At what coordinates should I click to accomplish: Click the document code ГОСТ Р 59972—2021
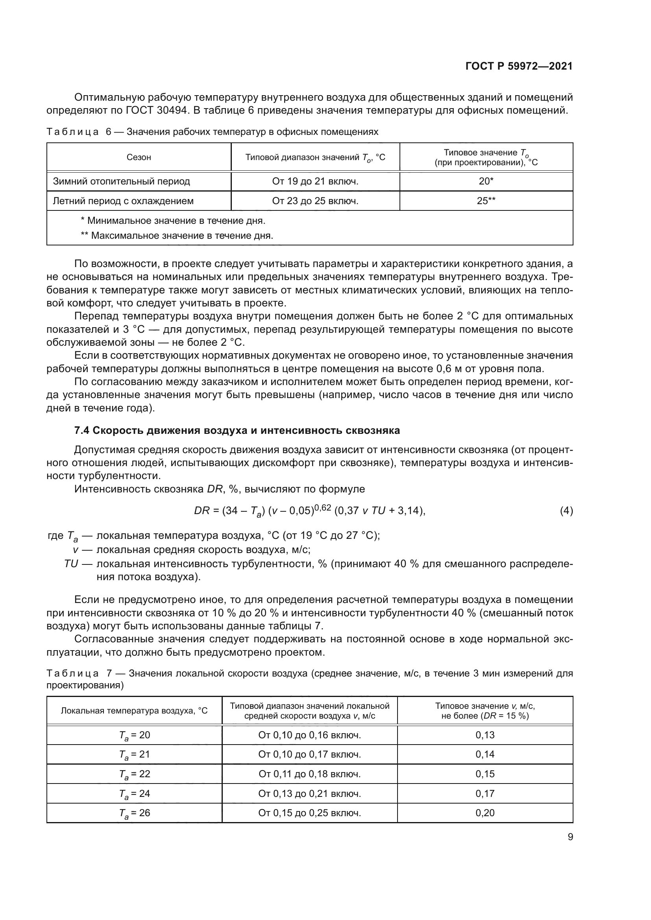pos(519,66)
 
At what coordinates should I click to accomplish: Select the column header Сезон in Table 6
pos(139,157)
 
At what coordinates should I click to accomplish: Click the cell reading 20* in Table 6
pos(486,181)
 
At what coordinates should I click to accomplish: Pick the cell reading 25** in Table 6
pos(486,201)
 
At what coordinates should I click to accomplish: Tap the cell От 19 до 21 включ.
pos(315,181)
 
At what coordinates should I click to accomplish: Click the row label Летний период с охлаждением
pos(123,201)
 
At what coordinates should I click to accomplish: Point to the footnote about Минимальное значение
pos(173,221)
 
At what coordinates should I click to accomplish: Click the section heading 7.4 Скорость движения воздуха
pos(237,430)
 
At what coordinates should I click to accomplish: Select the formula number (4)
pos(566,511)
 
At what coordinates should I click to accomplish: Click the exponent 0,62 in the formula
pos(323,507)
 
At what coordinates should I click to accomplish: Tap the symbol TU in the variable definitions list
pos(71,564)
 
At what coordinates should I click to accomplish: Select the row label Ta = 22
pos(134,774)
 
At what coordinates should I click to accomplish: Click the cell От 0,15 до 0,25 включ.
pos(309,813)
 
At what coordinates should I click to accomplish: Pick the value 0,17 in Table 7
pos(485,793)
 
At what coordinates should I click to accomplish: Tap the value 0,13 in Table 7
pos(485,735)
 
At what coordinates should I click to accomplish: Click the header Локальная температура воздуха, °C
pos(134,711)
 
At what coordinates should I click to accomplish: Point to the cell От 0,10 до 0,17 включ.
pos(309,754)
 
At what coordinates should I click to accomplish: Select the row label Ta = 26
pos(134,813)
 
